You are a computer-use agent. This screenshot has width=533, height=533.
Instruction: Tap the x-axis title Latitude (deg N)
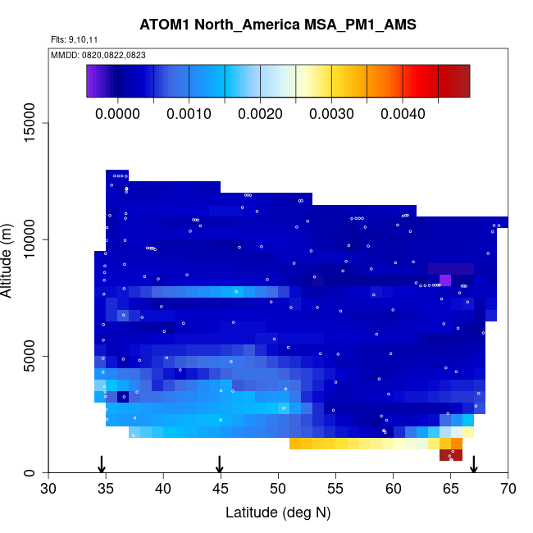278,512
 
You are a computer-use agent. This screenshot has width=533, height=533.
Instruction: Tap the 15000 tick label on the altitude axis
30,123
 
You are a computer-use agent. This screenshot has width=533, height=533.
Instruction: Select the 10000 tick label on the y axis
30,239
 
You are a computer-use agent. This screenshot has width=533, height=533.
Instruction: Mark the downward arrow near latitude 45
220,464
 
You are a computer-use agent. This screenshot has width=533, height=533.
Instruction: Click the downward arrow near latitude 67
474,464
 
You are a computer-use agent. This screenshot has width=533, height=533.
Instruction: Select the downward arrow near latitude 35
102,464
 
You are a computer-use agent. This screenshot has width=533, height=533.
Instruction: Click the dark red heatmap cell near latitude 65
451,455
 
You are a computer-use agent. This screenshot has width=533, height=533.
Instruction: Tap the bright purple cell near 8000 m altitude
445,280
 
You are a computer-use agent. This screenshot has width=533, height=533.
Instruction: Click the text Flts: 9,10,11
75,39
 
